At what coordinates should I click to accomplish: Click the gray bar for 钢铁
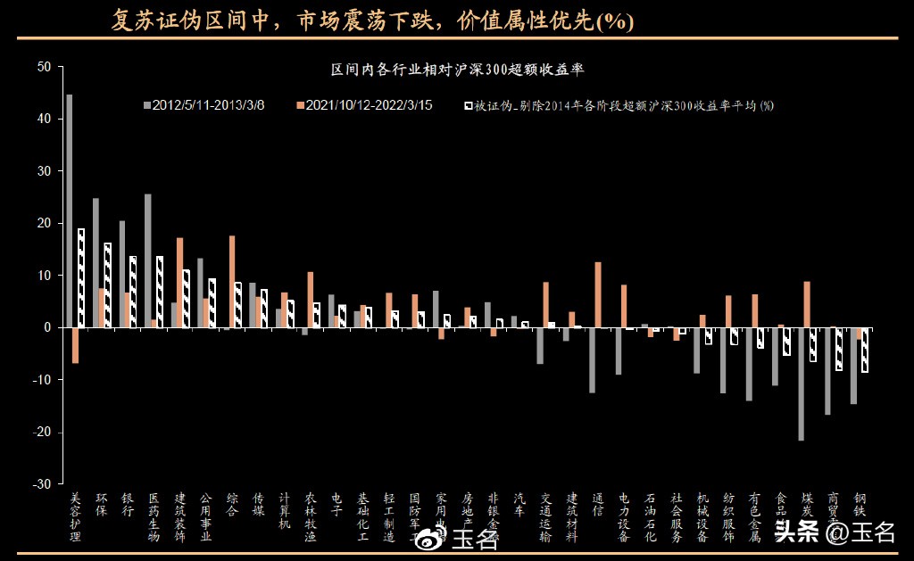[853, 366]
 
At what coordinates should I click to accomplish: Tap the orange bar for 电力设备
[624, 306]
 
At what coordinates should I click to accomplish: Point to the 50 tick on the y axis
[45, 67]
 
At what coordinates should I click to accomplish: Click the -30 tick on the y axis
[42, 484]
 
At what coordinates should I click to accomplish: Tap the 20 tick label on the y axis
[45, 223]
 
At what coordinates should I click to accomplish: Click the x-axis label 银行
[128, 505]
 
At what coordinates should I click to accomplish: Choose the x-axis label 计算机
[285, 511]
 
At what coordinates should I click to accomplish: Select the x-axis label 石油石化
[651, 517]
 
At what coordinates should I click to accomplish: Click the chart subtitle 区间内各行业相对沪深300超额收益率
[457, 69]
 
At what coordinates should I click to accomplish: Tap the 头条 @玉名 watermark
[834, 533]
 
